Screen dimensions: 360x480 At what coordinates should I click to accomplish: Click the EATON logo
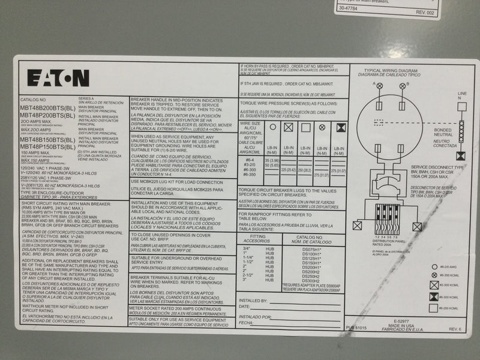[x=58, y=78]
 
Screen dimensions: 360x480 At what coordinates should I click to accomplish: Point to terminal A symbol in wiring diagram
[x=380, y=85]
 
